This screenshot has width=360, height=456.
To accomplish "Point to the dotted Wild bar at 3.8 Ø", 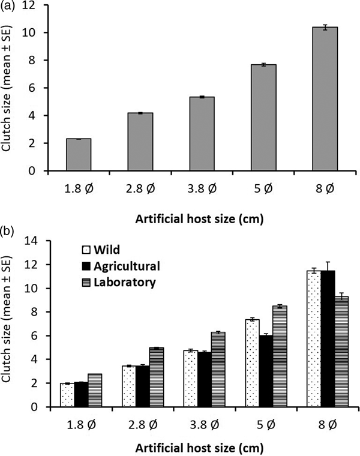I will coord(191,379).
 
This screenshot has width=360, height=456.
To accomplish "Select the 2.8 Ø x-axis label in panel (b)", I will coord(140,422).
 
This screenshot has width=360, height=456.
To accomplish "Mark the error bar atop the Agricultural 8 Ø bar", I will coord(327,271).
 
